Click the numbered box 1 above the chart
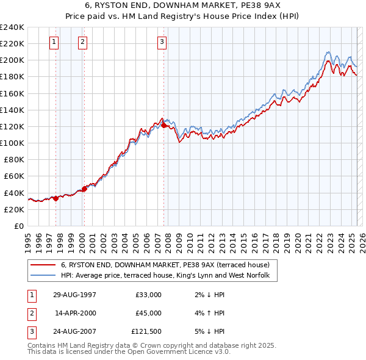click(x=54, y=42)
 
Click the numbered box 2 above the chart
click(x=82, y=42)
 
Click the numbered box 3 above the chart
click(x=162, y=42)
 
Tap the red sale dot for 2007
click(x=163, y=125)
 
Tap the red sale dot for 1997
click(x=56, y=198)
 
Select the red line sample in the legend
click(x=44, y=265)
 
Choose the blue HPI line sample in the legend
click(x=44, y=276)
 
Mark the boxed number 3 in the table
click(x=31, y=332)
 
